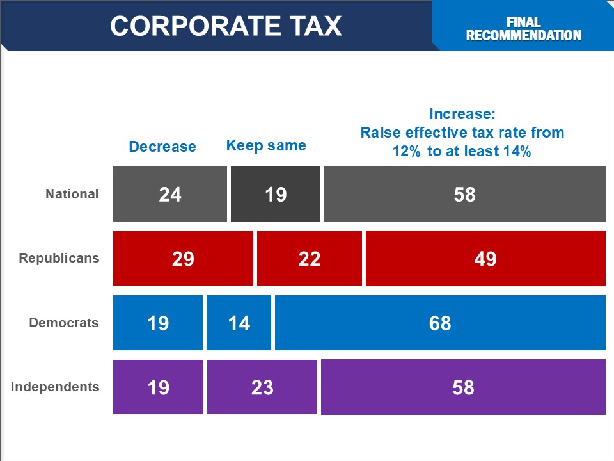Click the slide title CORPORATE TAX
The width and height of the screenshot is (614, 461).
click(226, 26)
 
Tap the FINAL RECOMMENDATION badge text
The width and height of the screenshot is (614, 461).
click(523, 29)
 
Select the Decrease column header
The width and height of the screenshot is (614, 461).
click(162, 147)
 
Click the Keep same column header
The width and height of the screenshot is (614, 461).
click(266, 145)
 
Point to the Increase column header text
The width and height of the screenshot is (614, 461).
click(462, 133)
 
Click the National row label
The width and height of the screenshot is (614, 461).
click(72, 194)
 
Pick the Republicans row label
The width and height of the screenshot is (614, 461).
click(59, 258)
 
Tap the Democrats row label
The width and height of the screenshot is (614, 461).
click(64, 322)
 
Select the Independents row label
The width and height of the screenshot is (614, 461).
click(55, 387)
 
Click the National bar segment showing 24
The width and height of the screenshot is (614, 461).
click(170, 194)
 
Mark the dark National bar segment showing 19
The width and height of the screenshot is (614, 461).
click(276, 194)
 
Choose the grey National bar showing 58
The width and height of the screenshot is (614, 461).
click(464, 194)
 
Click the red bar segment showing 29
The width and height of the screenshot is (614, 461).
click(183, 258)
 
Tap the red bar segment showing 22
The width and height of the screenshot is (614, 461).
click(310, 258)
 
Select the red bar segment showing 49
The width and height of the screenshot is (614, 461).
click(485, 258)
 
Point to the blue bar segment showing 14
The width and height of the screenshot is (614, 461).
click(239, 323)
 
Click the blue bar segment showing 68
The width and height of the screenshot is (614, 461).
click(440, 323)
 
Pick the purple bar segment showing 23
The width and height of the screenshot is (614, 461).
click(262, 387)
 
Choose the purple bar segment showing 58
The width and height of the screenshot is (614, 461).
click(463, 387)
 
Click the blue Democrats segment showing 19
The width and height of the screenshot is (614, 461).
click(158, 323)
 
